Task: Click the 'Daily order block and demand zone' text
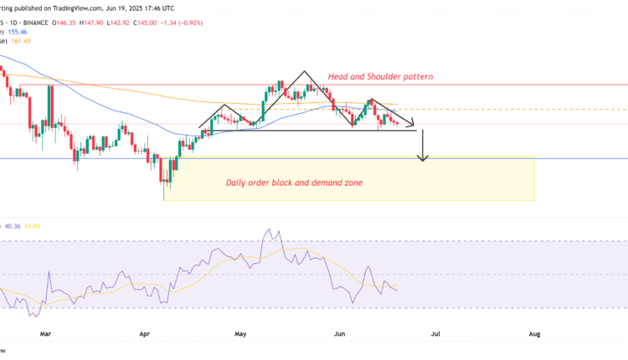click(x=294, y=182)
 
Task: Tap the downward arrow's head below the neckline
click(x=424, y=157)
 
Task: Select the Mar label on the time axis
click(x=47, y=333)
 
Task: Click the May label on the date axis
click(x=242, y=333)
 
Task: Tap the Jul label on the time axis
click(x=435, y=333)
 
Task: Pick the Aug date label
click(x=534, y=333)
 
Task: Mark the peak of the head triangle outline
click(x=304, y=72)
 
